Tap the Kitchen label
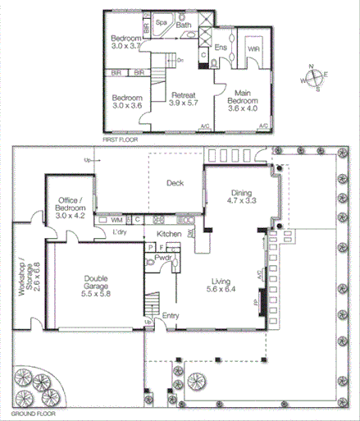(157, 235)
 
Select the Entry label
(171, 314)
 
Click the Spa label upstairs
(162, 23)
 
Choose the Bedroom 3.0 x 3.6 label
(127, 102)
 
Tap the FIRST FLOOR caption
(119, 140)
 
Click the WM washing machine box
(117, 220)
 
